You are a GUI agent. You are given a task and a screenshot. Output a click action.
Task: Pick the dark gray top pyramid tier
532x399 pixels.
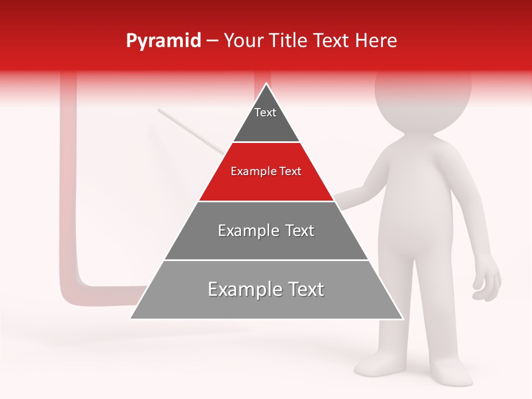(x=266, y=125)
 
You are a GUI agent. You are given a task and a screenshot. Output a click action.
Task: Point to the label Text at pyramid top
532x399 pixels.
(x=265, y=112)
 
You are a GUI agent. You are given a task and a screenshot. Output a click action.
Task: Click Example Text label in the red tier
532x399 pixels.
(x=266, y=171)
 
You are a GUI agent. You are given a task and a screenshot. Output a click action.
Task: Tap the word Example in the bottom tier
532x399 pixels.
(x=238, y=289)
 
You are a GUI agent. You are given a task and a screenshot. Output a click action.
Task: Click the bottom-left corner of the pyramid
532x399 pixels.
(x=131, y=318)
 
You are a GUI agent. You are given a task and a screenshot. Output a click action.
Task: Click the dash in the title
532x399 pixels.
(x=212, y=41)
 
